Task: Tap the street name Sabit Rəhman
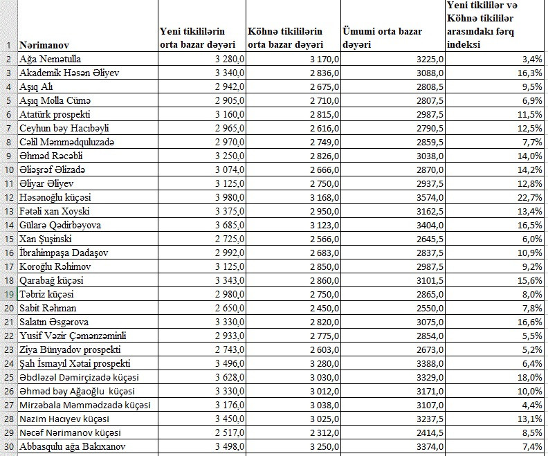(x=48, y=308)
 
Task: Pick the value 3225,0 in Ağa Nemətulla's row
(x=428, y=59)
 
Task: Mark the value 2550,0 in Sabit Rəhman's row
(x=428, y=308)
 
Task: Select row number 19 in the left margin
(x=8, y=294)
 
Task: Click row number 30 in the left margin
(x=8, y=446)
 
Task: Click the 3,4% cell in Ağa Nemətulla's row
(x=531, y=59)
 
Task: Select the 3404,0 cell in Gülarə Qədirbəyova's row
(x=428, y=225)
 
